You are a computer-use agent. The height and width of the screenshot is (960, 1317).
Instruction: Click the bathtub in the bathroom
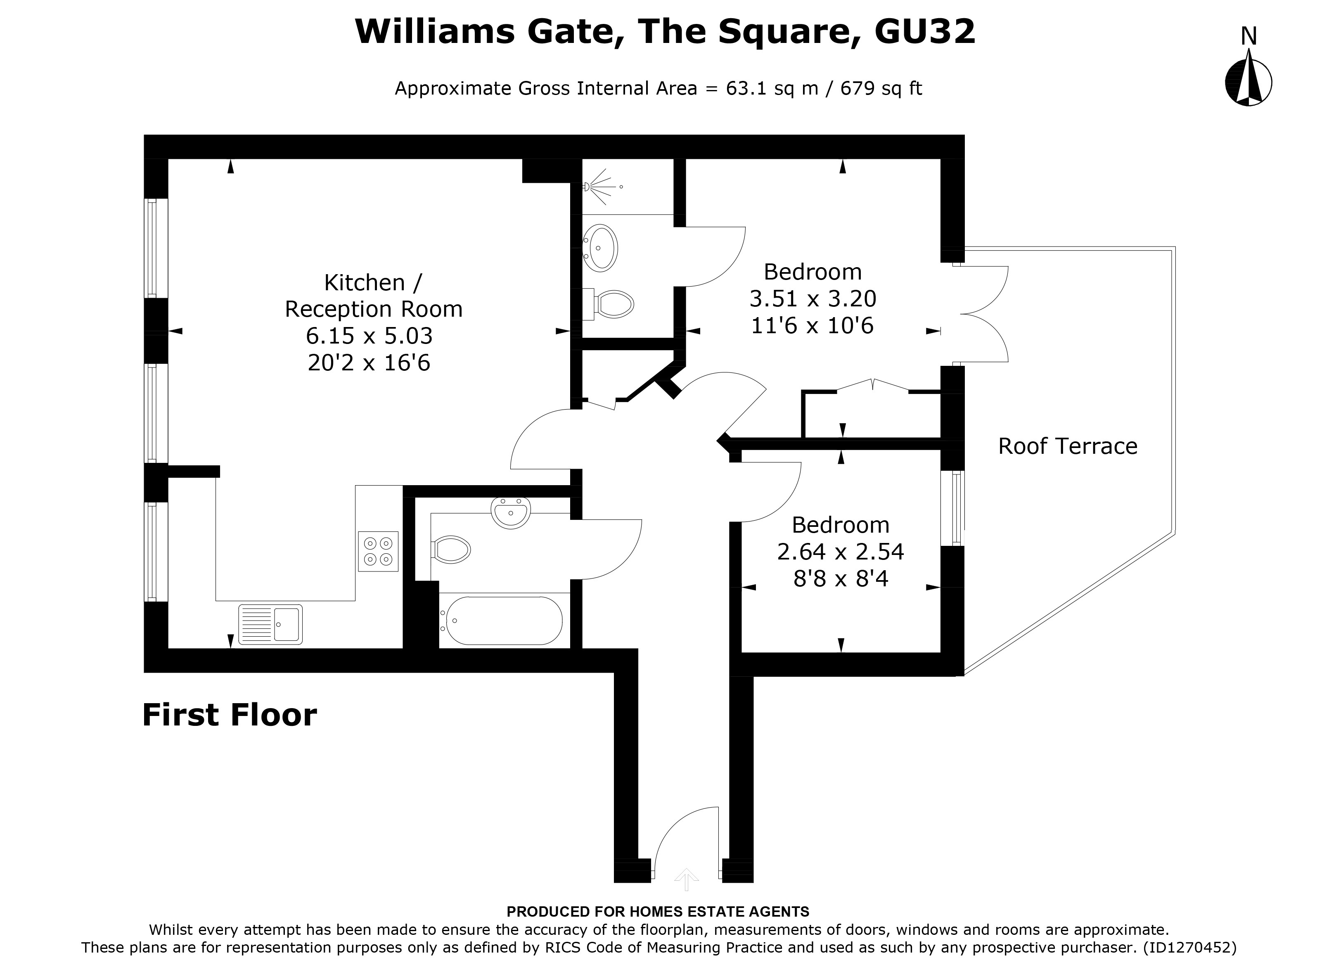click(501, 621)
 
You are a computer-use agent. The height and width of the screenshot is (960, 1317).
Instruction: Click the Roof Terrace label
click(1067, 446)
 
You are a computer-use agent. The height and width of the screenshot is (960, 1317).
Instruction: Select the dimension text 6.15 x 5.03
click(369, 336)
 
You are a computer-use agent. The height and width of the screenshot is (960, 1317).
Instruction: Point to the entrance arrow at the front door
click(686, 879)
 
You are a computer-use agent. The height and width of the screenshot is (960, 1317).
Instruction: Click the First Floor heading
click(230, 715)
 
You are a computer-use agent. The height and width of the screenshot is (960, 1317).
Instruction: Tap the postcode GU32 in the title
click(924, 31)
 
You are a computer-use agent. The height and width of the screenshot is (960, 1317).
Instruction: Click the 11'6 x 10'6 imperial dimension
click(812, 325)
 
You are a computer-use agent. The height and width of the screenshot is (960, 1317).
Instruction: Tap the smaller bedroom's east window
click(953, 508)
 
